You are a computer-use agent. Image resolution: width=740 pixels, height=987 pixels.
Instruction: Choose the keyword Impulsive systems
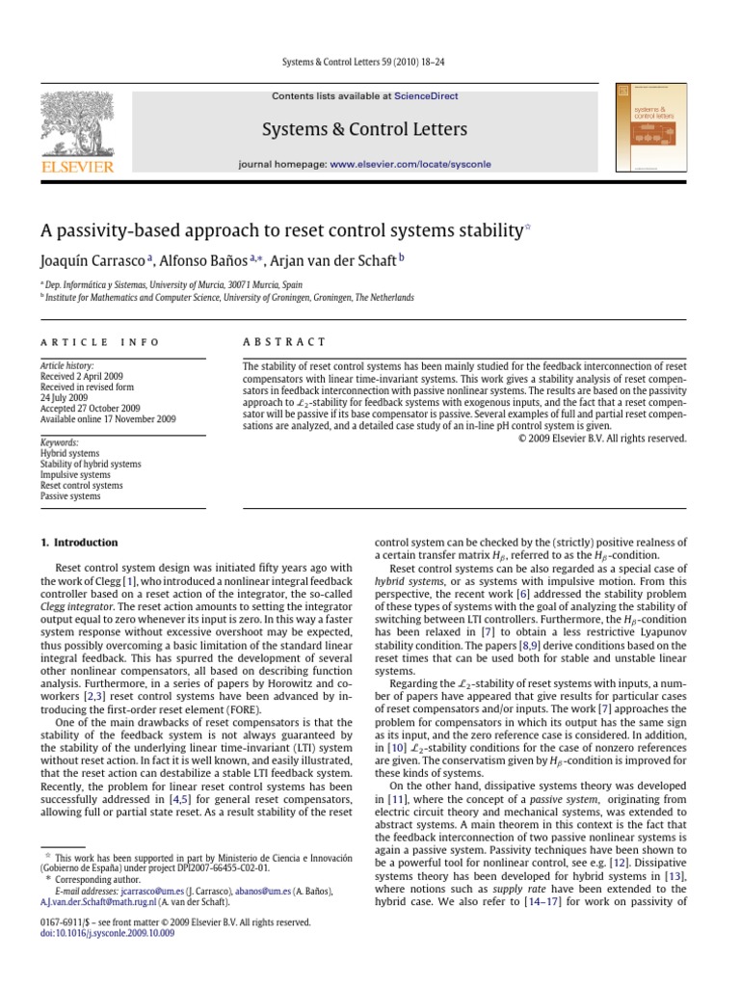(75, 475)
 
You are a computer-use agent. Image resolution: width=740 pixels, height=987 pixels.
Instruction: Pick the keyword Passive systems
(70, 496)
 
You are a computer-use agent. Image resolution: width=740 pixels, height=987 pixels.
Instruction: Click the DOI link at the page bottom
(107, 934)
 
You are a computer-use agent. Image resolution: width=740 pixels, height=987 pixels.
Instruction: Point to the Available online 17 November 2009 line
(107, 419)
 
